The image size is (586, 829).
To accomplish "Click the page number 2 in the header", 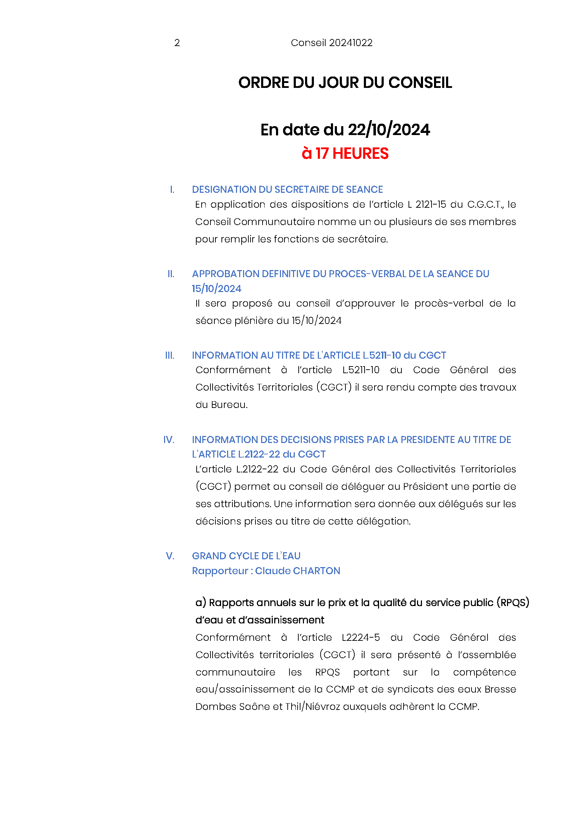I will pyautogui.click(x=177, y=43).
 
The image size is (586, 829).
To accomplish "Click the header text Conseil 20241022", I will pyautogui.click(x=331, y=43).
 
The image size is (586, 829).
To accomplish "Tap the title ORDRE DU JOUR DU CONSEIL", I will pyautogui.click(x=345, y=83).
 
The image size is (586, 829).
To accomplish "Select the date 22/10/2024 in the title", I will pyautogui.click(x=389, y=130).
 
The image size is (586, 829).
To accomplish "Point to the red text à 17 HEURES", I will pyautogui.click(x=345, y=153).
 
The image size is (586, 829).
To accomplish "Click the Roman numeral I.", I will pyautogui.click(x=172, y=190).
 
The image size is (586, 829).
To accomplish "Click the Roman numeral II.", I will pyautogui.click(x=171, y=274).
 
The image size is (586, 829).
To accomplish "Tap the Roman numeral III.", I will pyautogui.click(x=170, y=355).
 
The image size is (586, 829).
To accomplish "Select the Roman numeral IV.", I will pyautogui.click(x=169, y=440).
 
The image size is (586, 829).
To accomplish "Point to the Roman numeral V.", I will pyautogui.click(x=170, y=556).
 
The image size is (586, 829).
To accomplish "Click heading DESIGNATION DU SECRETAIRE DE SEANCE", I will pyautogui.click(x=287, y=190).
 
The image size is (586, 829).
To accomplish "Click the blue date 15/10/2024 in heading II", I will pyautogui.click(x=216, y=289).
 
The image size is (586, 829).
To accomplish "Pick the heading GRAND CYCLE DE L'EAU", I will pyautogui.click(x=246, y=556).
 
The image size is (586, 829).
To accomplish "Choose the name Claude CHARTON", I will pyautogui.click(x=297, y=571).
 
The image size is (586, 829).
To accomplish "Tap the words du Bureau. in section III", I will pyautogui.click(x=221, y=405).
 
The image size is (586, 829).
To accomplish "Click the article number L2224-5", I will pyautogui.click(x=361, y=638).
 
